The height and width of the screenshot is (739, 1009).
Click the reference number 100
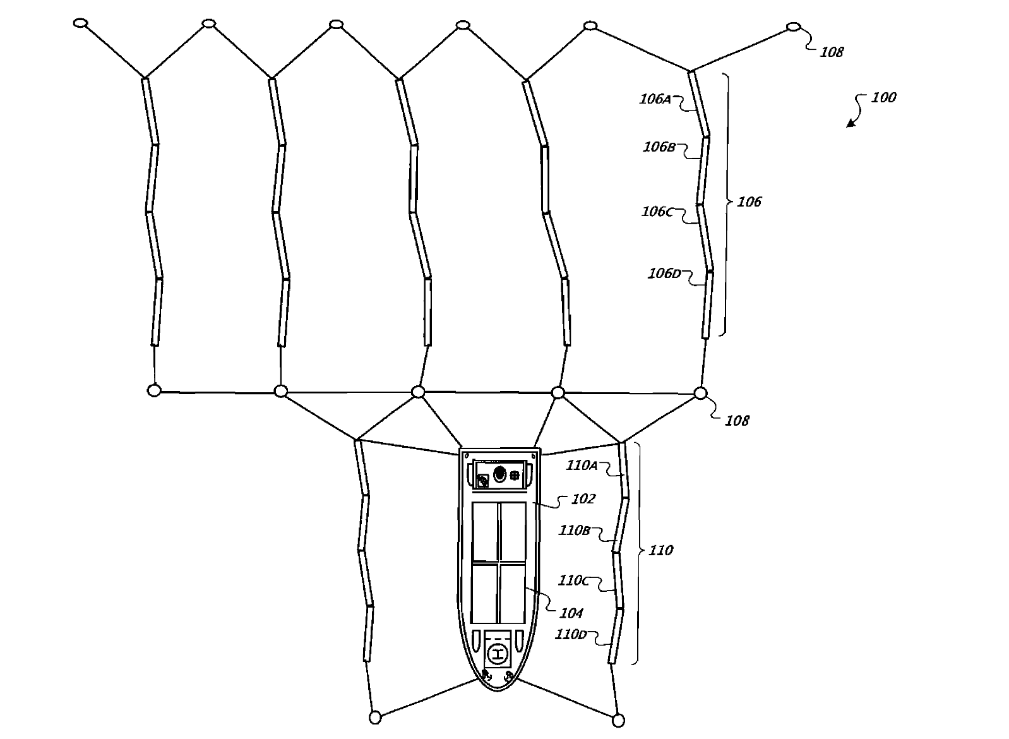click(x=883, y=97)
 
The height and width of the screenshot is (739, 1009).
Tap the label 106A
click(x=655, y=99)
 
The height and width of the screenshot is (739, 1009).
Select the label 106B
click(x=659, y=147)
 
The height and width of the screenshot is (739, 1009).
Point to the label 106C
click(x=657, y=212)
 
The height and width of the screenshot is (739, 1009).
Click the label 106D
click(x=664, y=273)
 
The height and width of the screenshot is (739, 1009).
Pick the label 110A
click(x=582, y=465)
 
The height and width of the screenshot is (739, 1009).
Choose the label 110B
click(x=575, y=531)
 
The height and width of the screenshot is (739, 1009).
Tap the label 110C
click(x=573, y=580)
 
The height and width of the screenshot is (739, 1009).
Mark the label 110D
click(x=571, y=634)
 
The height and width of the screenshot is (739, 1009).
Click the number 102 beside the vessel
click(x=583, y=499)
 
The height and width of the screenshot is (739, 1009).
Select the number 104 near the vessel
click(x=571, y=613)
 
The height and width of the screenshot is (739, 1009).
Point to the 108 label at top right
click(x=832, y=52)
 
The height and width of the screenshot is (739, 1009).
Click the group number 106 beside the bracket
click(x=749, y=202)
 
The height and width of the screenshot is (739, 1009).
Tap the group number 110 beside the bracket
click(x=661, y=550)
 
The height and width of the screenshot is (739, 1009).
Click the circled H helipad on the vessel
click(x=498, y=654)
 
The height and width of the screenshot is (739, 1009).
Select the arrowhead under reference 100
click(x=851, y=123)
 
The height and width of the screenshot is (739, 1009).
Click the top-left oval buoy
click(x=81, y=23)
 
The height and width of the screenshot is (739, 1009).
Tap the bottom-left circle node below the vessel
click(x=375, y=718)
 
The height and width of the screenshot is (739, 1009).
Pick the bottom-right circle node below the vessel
click(x=618, y=721)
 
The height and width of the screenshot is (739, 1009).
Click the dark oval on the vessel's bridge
click(x=499, y=474)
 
